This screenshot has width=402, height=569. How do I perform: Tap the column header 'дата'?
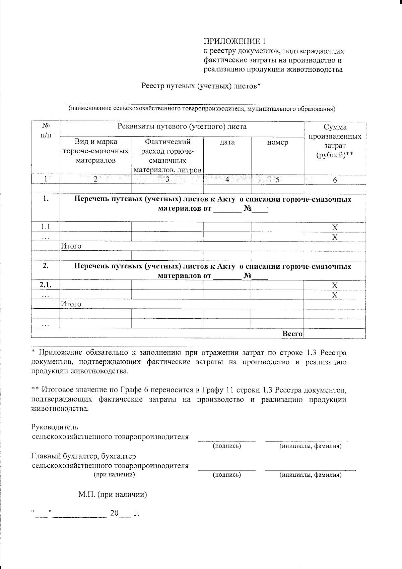[227, 142]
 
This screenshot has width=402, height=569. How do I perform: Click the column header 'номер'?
[277, 142]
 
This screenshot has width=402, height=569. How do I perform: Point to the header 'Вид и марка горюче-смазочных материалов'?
[96, 151]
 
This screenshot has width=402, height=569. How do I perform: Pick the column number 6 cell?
[335, 180]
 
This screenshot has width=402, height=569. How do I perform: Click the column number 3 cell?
[167, 179]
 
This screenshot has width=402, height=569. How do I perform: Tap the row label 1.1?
[46, 227]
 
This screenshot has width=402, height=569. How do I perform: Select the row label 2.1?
[45, 285]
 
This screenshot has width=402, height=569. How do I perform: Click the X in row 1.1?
[335, 227]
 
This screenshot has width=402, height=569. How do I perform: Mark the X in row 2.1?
[335, 285]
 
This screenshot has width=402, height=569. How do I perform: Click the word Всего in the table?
[292, 334]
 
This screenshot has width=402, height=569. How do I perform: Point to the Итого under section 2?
[71, 304]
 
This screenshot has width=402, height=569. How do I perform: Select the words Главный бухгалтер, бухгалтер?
[84, 456]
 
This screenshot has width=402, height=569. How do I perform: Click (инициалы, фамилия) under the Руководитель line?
[310, 446]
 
